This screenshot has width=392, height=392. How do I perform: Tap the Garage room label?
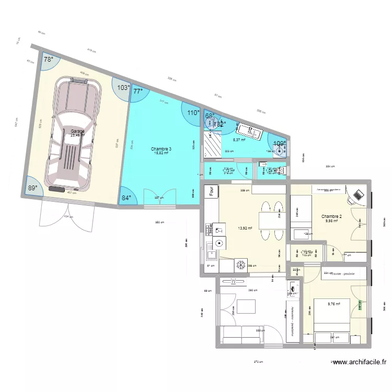click(x=77, y=132)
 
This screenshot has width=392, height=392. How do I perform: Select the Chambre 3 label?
click(x=161, y=149)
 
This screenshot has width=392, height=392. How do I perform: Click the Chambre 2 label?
click(x=331, y=216)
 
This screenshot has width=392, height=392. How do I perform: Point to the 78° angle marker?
click(x=48, y=60)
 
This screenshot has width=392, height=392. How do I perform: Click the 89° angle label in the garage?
click(x=33, y=188)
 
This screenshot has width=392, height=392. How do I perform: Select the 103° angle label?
click(x=123, y=88)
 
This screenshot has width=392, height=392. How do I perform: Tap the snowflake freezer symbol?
click(x=241, y=266)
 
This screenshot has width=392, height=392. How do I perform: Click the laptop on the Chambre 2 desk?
click(x=358, y=195)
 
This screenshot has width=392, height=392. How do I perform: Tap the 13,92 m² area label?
click(x=245, y=228)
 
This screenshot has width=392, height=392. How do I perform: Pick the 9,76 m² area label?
click(x=334, y=304)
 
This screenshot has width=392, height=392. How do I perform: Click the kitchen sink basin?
click(x=212, y=255)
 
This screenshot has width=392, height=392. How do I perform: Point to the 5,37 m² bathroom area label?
click(x=239, y=140)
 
